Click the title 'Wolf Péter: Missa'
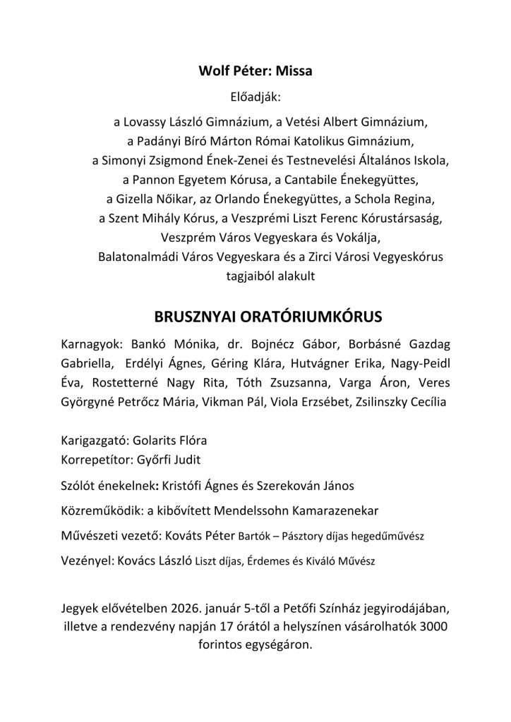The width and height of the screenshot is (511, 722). [255, 71]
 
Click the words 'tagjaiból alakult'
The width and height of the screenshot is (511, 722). [255, 276]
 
